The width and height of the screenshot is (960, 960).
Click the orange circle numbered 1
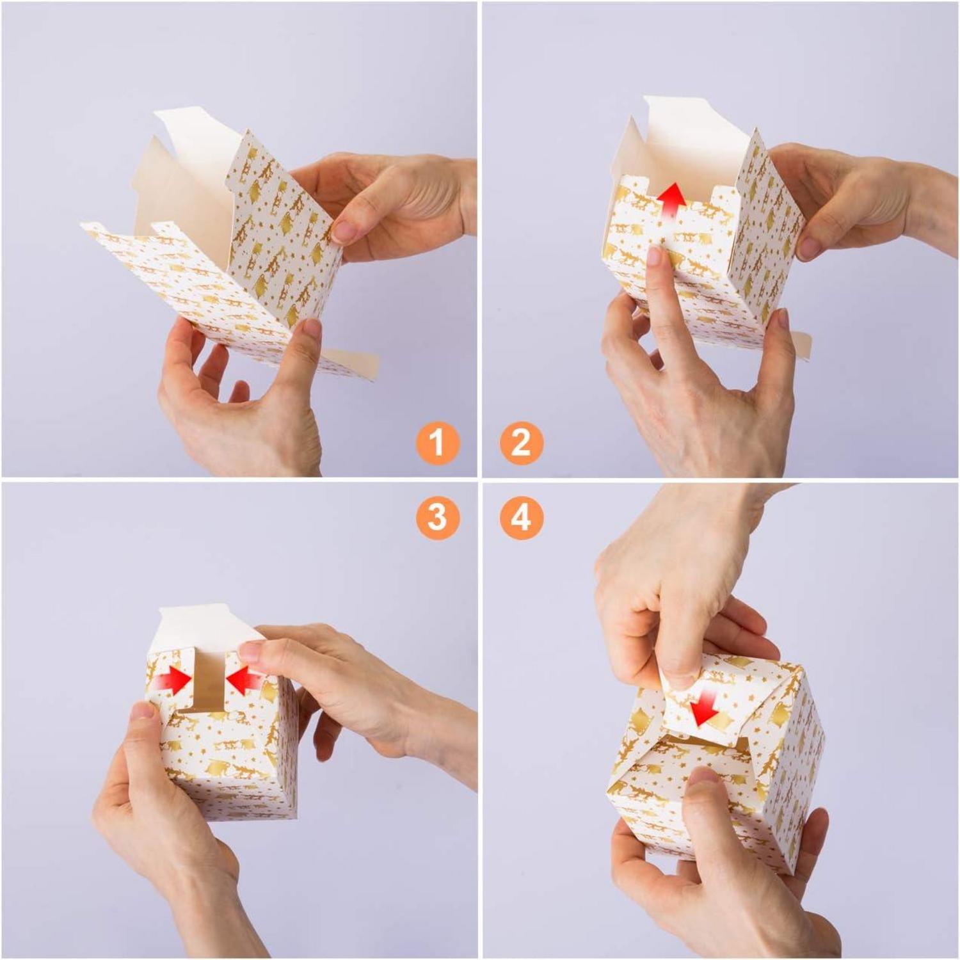coord(437,442)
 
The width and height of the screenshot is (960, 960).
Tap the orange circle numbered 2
coord(521,442)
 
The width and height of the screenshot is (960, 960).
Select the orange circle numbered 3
coord(437,516)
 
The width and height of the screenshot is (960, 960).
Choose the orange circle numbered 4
coord(521,516)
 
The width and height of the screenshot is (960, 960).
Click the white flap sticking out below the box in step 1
coord(349,363)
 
